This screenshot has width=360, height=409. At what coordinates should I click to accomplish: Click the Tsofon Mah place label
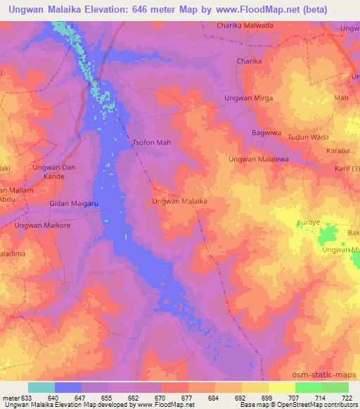[x=152, y=143]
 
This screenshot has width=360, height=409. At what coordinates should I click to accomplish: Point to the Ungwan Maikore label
[x=43, y=225]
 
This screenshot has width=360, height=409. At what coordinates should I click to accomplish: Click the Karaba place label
[x=337, y=151]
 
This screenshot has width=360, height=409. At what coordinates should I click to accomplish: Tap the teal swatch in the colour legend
[x=41, y=387]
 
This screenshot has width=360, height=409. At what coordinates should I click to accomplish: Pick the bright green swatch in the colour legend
[x=309, y=387]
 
